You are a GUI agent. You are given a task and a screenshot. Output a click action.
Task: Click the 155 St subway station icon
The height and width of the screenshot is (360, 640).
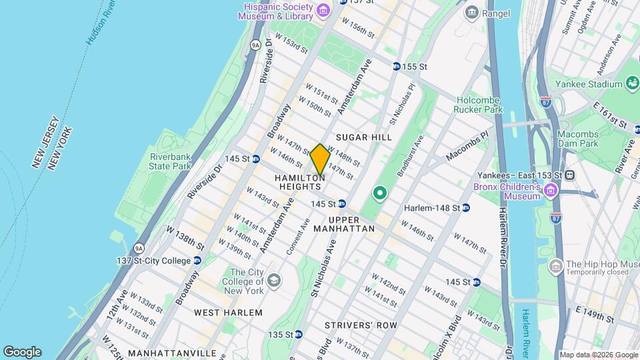396,67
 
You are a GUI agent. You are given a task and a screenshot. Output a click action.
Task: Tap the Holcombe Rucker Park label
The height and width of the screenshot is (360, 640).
478,105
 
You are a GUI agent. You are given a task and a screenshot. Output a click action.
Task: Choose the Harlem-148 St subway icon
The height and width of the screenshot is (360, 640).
466,207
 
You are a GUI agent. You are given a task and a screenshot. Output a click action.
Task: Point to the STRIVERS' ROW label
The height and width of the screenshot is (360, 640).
361,325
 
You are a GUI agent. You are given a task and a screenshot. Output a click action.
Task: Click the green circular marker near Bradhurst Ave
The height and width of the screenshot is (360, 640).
380,194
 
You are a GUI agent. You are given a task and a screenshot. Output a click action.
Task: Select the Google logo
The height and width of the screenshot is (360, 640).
22,351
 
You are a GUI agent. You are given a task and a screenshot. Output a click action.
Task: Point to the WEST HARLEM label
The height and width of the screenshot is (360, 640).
228,312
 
